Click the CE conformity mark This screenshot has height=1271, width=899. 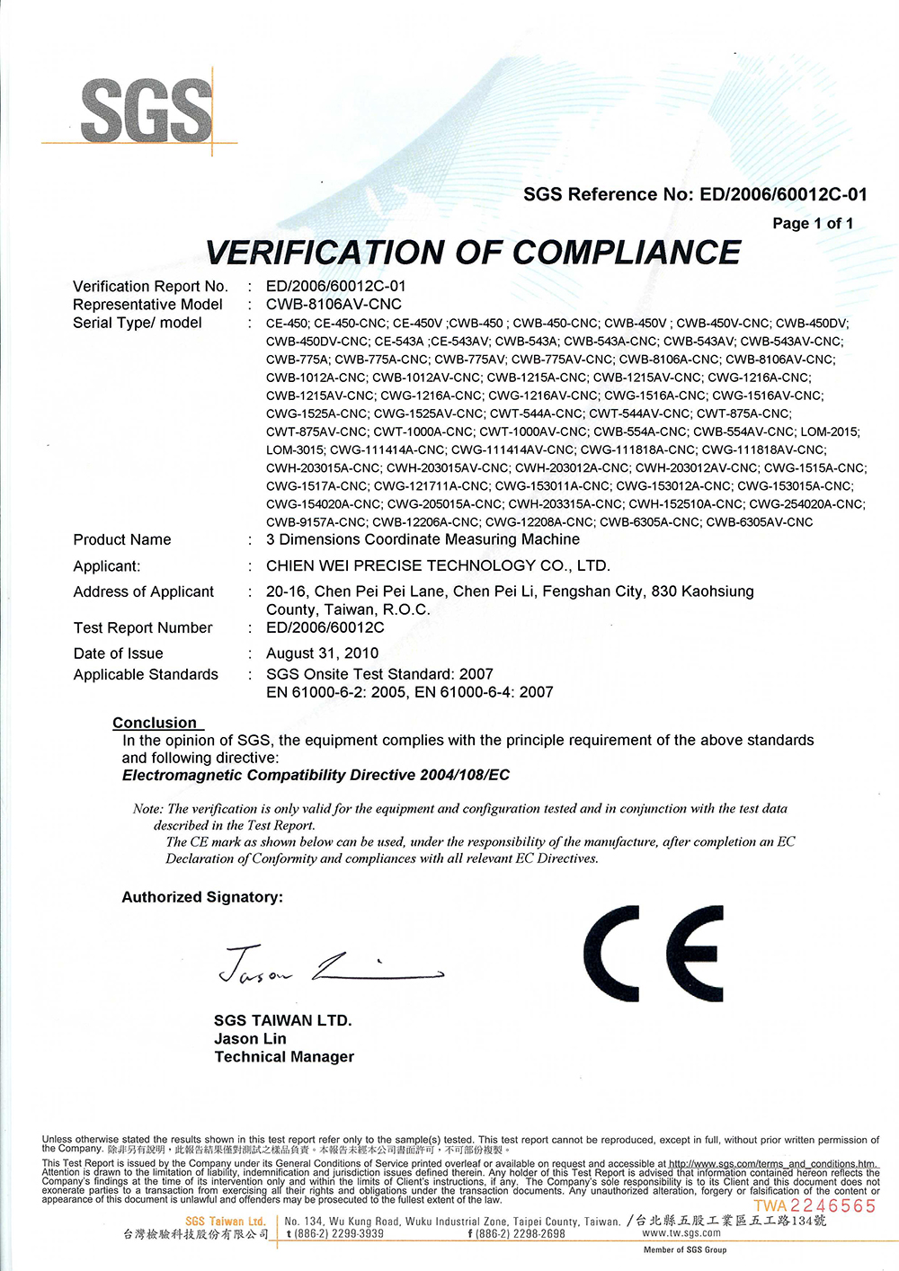tap(653, 954)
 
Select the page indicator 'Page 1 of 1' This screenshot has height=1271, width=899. tap(813, 223)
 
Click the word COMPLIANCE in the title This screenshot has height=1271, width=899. tap(627, 253)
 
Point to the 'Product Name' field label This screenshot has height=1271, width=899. tap(122, 539)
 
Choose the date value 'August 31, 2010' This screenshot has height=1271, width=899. tap(322, 653)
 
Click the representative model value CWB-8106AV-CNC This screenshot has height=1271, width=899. tap(334, 304)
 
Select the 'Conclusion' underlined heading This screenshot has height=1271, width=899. tap(155, 723)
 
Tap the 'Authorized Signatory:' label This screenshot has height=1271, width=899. tap(202, 897)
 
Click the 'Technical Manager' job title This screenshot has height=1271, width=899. tap(284, 1057)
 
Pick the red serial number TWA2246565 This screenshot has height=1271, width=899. tap(814, 1206)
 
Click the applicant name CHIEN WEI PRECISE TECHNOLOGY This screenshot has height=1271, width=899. tap(438, 565)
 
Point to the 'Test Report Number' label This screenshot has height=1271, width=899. tap(143, 627)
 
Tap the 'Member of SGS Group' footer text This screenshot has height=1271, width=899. tap(685, 1249)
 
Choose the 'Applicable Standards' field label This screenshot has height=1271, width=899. tap(146, 674)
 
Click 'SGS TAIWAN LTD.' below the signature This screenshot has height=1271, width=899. tap(283, 1020)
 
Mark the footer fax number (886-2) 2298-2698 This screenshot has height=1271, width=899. tap(517, 1234)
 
